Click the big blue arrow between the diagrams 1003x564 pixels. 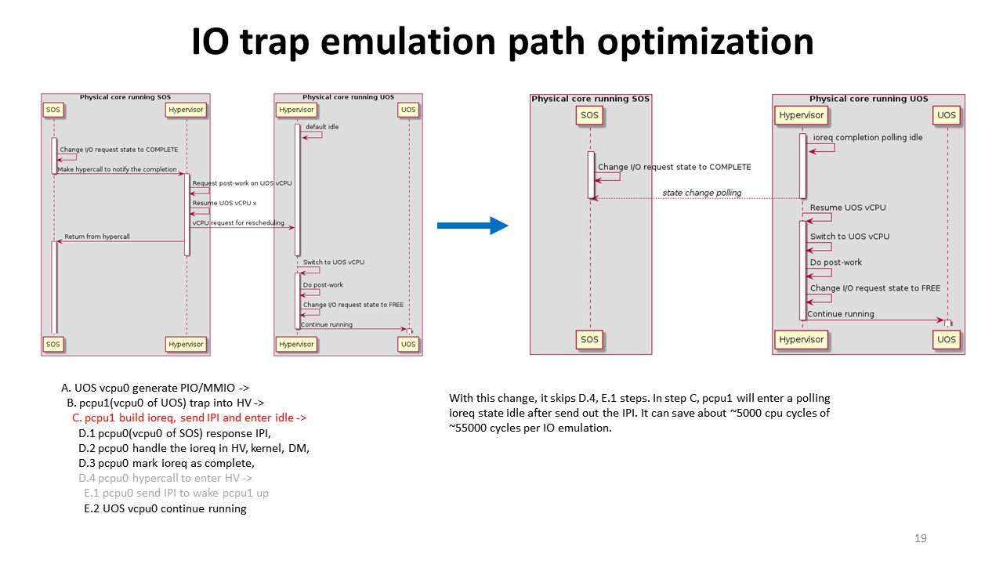(x=473, y=226)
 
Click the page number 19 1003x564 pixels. (x=921, y=538)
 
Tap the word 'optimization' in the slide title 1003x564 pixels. (x=705, y=42)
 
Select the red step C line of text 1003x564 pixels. (x=190, y=418)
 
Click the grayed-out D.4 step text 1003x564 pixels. (x=165, y=478)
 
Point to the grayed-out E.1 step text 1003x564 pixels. (x=176, y=493)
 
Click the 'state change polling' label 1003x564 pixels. (x=701, y=193)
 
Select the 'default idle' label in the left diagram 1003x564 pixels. (x=322, y=127)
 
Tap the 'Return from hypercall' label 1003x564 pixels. (x=97, y=237)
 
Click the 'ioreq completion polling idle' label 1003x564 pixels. (x=867, y=137)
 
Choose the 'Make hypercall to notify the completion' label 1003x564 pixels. (x=117, y=169)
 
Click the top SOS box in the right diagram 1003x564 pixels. (x=589, y=115)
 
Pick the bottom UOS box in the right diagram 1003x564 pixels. (x=946, y=339)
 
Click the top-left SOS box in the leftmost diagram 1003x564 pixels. (x=53, y=110)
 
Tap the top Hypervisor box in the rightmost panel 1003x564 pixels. (x=801, y=115)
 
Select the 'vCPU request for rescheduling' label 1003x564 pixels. (x=238, y=223)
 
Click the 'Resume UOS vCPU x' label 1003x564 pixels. (x=224, y=203)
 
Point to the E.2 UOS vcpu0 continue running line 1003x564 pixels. (x=165, y=508)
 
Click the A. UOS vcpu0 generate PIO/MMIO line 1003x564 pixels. (x=155, y=388)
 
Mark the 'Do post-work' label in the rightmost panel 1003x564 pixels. (x=835, y=262)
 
